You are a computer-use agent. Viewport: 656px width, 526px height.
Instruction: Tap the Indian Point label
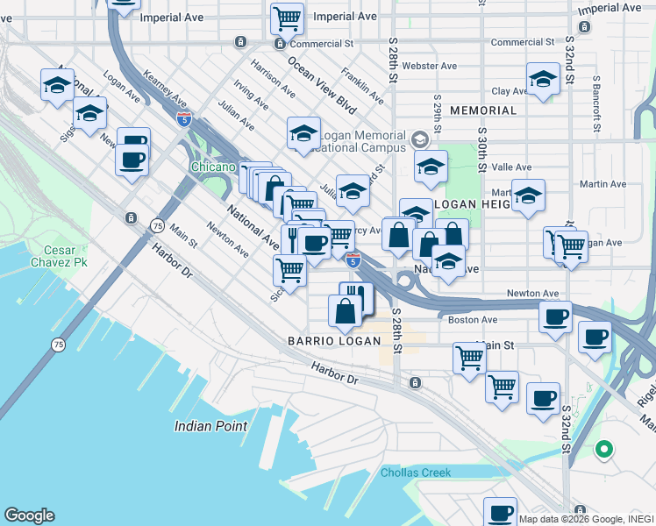(x=210, y=426)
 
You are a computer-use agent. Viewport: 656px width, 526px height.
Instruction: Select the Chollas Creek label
(x=416, y=473)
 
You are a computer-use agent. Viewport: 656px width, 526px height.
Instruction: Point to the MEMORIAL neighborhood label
(x=483, y=110)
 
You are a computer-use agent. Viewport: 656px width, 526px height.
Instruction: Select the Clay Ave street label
(x=509, y=91)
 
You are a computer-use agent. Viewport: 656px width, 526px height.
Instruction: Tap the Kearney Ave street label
(x=164, y=93)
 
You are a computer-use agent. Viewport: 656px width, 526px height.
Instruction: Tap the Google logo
(x=29, y=515)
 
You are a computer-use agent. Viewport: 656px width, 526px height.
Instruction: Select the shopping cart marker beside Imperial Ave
(x=287, y=17)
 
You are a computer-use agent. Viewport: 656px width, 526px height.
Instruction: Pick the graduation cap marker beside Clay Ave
(x=543, y=81)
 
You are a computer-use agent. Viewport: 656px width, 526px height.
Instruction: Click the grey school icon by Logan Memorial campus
(x=419, y=139)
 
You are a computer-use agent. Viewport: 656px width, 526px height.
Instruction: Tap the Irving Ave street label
(x=251, y=94)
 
